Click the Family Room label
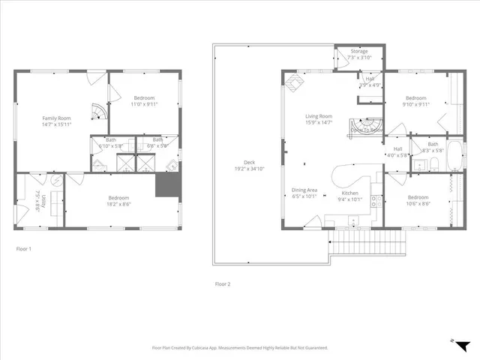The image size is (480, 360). pyautogui.click(x=56, y=118)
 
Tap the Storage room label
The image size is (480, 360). pyautogui.click(x=359, y=52)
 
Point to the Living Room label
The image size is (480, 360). pyautogui.click(x=318, y=116)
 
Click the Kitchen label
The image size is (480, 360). pyautogui.click(x=350, y=193)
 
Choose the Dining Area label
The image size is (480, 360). pyautogui.click(x=304, y=190)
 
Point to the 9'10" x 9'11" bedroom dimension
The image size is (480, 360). pyautogui.click(x=415, y=105)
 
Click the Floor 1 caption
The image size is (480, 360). pyautogui.click(x=24, y=248)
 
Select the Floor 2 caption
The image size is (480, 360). pyautogui.click(x=223, y=284)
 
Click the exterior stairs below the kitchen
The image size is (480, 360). pyautogui.click(x=367, y=243)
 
